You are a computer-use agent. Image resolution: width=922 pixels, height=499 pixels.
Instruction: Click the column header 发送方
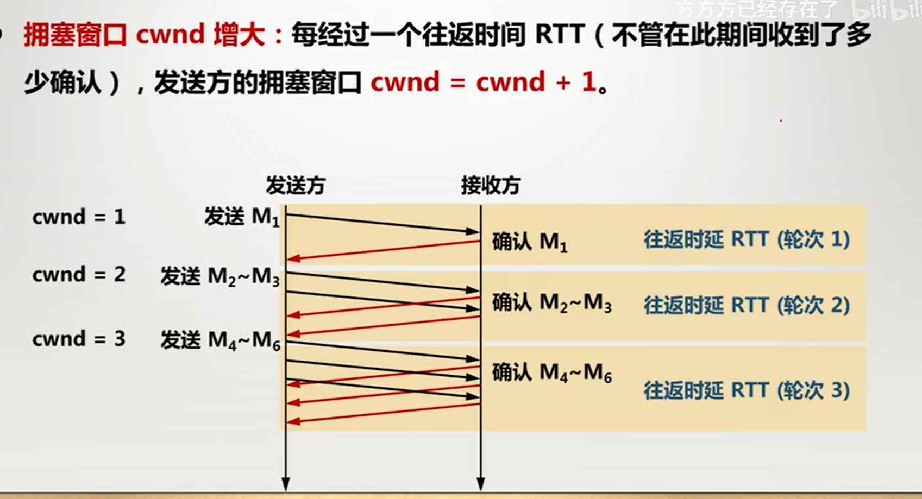pos(295,186)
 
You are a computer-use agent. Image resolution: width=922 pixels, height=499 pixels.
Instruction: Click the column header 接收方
pos(490,186)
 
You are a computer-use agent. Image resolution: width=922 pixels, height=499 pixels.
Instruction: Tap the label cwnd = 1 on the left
pos(79,217)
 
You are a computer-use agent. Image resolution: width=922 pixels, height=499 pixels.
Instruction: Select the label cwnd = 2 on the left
pos(79,275)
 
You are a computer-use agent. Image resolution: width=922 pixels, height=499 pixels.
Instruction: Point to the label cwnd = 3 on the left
pos(79,339)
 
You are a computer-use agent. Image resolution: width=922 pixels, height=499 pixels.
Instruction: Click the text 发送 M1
pos(242,217)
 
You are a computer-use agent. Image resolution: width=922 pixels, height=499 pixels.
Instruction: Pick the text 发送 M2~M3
pos(220,277)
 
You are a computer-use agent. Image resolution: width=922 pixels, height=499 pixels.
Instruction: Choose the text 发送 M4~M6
pos(220,341)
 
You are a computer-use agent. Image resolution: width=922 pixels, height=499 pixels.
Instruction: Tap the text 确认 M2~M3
pos(551,303)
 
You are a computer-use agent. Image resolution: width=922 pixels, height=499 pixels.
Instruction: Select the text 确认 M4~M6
pos(551,373)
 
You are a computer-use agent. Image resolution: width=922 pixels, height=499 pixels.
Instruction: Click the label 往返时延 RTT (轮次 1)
pos(747,239)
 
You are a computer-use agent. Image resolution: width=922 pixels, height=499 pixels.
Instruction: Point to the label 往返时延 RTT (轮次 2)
pos(747,306)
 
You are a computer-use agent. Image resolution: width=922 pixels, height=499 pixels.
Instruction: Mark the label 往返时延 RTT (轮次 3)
pos(747,390)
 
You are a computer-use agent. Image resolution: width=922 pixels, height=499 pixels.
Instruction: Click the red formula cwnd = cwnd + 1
pos(484,83)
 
